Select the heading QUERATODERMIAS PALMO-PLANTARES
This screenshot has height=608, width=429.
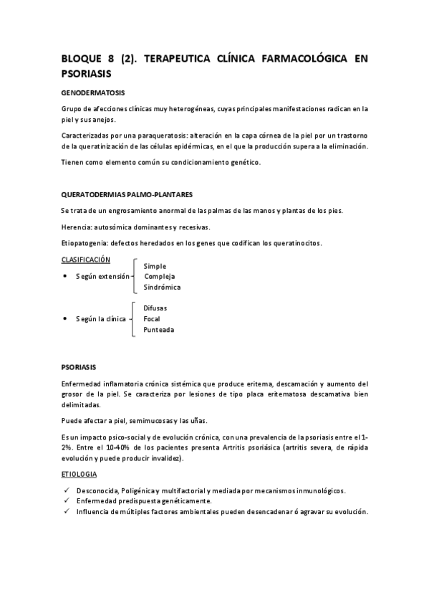(x=127, y=195)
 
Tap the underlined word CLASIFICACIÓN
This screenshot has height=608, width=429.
(x=86, y=260)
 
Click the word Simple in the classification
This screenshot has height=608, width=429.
(x=155, y=266)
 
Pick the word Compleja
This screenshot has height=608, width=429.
(x=159, y=276)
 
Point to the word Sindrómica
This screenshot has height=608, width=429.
(x=162, y=287)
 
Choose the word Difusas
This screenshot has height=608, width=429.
(x=155, y=308)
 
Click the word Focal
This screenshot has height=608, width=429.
(x=152, y=318)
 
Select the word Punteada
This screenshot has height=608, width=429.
(x=158, y=330)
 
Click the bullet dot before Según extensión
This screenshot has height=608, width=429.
(x=65, y=276)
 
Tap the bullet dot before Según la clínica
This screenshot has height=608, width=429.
(x=65, y=318)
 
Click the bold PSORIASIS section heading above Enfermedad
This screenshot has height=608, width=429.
(x=79, y=367)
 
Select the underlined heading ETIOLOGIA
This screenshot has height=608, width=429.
(x=80, y=475)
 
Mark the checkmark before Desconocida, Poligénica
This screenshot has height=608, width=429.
(x=66, y=490)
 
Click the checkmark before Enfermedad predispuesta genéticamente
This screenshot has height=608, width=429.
(x=66, y=500)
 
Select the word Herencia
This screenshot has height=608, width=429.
(x=77, y=227)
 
